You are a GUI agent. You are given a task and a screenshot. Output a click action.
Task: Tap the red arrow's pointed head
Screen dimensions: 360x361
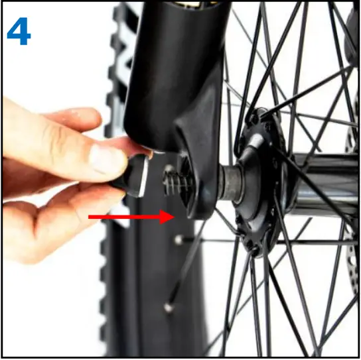click(x=169, y=217)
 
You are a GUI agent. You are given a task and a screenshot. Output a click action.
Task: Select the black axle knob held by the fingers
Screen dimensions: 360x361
click(x=136, y=174)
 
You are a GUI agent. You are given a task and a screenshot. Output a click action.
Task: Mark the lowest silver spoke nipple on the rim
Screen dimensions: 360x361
click(x=167, y=307)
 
